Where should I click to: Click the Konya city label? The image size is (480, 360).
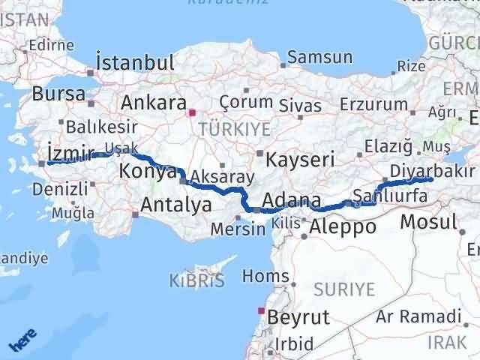pos(148,173)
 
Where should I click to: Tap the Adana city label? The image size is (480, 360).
pos(292,201)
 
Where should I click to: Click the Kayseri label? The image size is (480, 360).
pos(300,159)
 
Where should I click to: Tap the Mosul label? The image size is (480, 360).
pos(427,222)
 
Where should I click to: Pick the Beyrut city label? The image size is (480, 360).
pos(298,316)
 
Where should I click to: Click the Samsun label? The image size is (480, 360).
pos(319,57)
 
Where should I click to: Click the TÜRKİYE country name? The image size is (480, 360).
pos(235,129)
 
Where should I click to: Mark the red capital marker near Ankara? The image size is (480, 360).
pos(192,112)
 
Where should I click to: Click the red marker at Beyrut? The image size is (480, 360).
pos(260,310)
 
